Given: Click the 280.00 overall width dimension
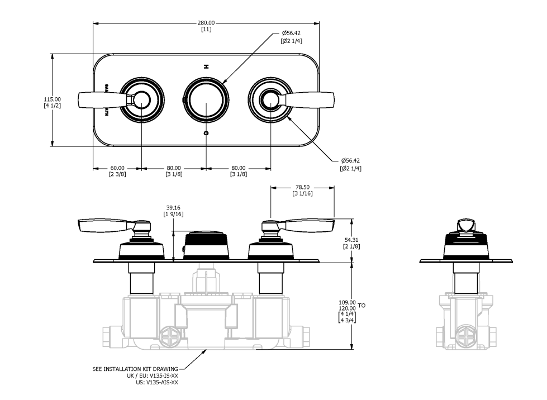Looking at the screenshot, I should click(206, 23).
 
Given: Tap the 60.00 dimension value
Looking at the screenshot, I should click(117, 168).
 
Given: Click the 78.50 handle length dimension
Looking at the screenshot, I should click(302, 188).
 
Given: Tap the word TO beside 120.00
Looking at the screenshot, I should click(362, 306).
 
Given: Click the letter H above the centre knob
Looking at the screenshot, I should click(206, 66).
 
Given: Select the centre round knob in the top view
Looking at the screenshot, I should click(206, 100).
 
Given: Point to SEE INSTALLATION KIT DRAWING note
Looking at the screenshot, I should click(135, 369).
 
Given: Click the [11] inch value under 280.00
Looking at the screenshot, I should click(206, 29).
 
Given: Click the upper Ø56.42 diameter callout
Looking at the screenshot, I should click(292, 34).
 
